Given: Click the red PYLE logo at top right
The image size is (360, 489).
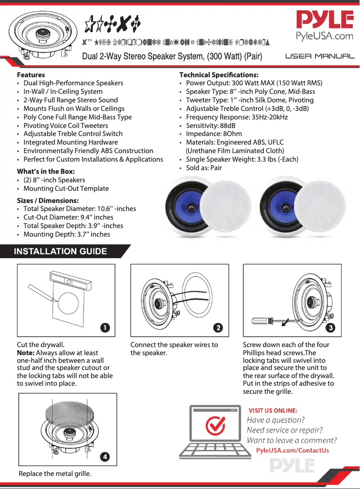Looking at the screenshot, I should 325,20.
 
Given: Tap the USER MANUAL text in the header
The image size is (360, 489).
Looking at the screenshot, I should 320,57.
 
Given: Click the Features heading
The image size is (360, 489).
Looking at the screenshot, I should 31,75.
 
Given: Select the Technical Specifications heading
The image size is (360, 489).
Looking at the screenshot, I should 219,75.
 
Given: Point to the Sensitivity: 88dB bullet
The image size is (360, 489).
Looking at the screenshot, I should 211,126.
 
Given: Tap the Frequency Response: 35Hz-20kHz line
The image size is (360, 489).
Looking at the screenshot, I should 237,117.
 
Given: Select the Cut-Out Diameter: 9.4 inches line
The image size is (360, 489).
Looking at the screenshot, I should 68,217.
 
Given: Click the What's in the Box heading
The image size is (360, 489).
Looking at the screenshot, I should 46,172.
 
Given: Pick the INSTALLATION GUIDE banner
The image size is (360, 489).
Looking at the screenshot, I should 61,251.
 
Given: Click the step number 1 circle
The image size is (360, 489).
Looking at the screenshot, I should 105,328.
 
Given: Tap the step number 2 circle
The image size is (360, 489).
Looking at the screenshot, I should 218,328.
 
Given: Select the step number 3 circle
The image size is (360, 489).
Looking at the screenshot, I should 331,328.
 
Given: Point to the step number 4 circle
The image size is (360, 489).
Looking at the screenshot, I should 105,457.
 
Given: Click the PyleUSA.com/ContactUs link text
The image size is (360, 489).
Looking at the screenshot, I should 292,450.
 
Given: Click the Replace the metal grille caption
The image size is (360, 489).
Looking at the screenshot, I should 55,474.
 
